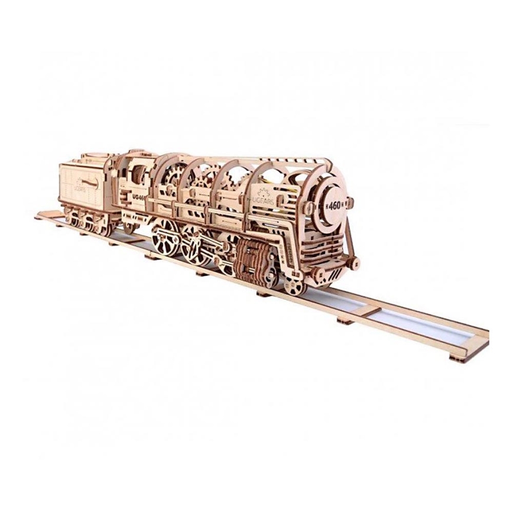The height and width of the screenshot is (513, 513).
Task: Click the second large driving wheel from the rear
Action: (x=193, y=248)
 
